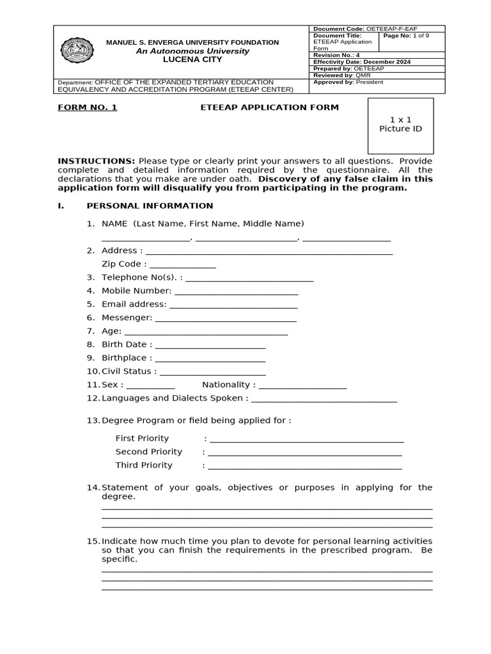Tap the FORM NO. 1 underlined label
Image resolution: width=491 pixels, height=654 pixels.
coord(88,108)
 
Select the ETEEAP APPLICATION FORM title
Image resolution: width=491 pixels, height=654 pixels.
coord(269,108)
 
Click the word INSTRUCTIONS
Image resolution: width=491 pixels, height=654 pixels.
coord(97,161)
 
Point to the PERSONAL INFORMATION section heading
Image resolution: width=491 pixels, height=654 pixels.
coord(150,206)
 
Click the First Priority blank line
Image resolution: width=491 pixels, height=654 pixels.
coord(306,440)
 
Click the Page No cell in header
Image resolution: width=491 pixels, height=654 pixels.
coord(406,36)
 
